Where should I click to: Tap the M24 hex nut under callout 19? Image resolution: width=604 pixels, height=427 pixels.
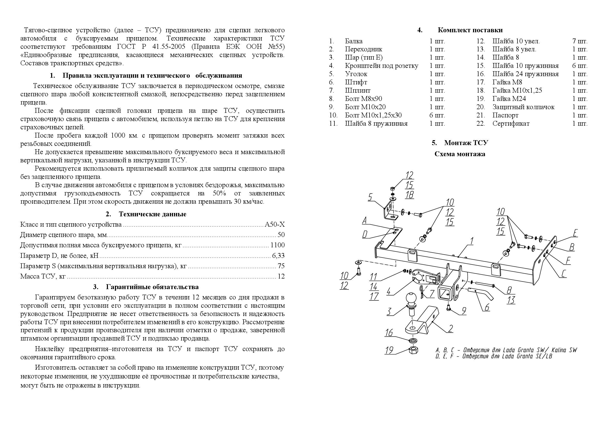(x=413, y=350)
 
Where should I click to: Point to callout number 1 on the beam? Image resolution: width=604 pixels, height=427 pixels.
(x=472, y=241)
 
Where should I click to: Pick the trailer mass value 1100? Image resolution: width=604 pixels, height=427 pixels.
(x=278, y=245)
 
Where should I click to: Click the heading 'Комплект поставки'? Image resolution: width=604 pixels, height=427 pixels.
(x=470, y=30)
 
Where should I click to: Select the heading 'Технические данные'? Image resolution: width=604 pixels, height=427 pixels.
(x=152, y=214)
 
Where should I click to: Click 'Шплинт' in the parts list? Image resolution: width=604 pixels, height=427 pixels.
(x=357, y=90)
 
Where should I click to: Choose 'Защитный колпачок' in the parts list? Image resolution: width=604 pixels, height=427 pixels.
(x=523, y=107)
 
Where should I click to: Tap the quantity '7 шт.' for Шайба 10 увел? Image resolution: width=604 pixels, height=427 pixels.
(x=579, y=41)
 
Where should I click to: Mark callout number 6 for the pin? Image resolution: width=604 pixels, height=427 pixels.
(x=487, y=307)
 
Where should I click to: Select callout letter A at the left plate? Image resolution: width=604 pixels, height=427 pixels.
(x=365, y=220)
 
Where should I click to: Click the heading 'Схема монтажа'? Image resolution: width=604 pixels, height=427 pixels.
(x=460, y=154)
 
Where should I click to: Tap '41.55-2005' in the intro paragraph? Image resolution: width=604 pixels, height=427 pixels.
(x=169, y=46)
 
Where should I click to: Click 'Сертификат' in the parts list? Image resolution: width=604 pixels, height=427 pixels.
(x=511, y=124)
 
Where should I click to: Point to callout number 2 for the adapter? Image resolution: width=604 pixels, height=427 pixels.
(x=450, y=328)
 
